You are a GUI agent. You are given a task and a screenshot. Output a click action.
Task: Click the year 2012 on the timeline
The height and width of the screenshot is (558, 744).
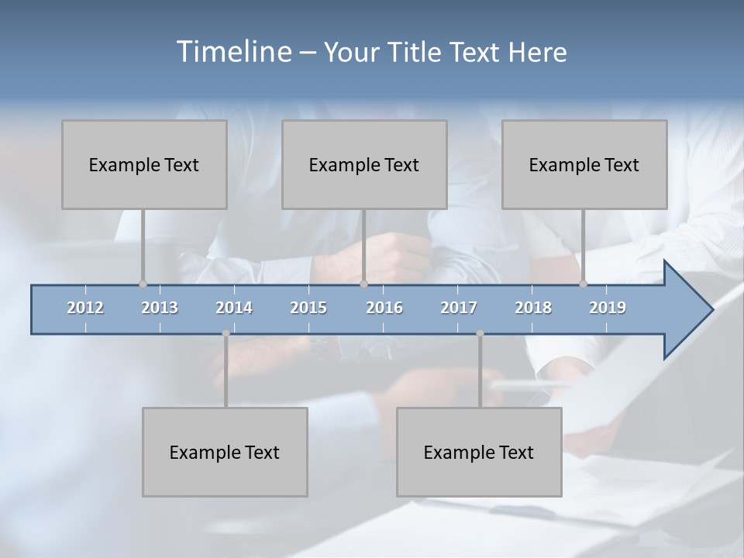tap(85, 308)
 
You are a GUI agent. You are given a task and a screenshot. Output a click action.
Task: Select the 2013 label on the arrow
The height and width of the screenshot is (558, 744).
tap(160, 308)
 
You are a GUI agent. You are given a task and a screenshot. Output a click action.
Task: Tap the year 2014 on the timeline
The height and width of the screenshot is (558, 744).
tap(234, 308)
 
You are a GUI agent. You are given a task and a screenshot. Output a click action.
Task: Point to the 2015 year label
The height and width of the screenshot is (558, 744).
tap(308, 308)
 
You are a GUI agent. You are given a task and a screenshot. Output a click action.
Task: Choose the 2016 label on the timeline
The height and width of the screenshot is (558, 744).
tap(384, 308)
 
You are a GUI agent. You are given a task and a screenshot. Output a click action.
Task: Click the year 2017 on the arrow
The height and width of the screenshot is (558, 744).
tap(459, 308)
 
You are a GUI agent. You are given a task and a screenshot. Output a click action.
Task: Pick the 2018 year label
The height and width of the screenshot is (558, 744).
tap(533, 308)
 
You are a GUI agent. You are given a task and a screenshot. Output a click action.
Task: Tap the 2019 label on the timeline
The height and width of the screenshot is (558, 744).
tap(608, 308)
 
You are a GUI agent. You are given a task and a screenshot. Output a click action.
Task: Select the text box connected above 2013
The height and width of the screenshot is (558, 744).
tap(144, 164)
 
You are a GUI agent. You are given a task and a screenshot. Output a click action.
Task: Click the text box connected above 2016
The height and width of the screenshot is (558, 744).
tap(364, 164)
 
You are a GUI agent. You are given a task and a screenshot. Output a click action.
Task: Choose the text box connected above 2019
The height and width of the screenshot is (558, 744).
tap(584, 164)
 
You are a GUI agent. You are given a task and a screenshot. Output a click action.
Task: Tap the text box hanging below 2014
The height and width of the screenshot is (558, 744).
tap(225, 452)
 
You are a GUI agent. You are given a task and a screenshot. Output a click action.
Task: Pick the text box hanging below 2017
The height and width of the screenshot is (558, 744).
tap(479, 452)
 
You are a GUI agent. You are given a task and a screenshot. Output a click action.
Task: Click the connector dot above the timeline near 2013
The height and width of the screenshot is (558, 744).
tap(143, 284)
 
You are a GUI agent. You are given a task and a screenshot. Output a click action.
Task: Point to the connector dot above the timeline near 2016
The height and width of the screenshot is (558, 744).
tap(363, 284)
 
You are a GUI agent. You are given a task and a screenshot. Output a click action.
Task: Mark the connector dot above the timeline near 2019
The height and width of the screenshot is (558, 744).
tap(583, 284)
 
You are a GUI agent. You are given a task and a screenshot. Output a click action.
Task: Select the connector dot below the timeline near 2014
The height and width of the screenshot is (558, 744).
tap(226, 333)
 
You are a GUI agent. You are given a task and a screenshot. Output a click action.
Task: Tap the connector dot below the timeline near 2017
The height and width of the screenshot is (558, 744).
tap(480, 333)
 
